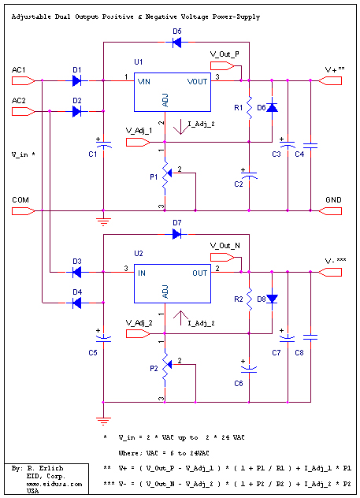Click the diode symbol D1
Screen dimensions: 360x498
[x=76, y=80]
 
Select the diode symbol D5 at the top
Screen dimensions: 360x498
[x=176, y=43]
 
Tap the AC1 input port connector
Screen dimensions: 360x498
[x=24, y=81]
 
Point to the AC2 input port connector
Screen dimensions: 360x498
[x=24, y=111]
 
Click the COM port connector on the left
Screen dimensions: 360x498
[x=24, y=211]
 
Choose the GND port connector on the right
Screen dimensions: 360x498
[x=330, y=211]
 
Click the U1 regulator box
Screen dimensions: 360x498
[x=173, y=92]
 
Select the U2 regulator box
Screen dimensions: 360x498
[x=173, y=284]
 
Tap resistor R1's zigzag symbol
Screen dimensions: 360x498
[x=249, y=108]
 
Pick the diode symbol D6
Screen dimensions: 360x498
[x=272, y=107]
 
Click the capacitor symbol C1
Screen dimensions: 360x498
[x=103, y=144]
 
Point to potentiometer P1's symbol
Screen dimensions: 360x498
[x=166, y=175]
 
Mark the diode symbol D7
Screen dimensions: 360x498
[x=176, y=234]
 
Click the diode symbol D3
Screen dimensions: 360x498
[x=76, y=272]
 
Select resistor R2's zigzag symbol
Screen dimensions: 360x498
[x=249, y=299]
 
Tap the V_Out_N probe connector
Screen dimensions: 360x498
[x=222, y=257]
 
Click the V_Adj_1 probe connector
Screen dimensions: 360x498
[x=138, y=143]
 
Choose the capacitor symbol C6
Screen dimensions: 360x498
[x=249, y=369]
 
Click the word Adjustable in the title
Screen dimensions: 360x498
[x=31, y=17]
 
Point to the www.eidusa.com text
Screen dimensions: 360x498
[x=54, y=484]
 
